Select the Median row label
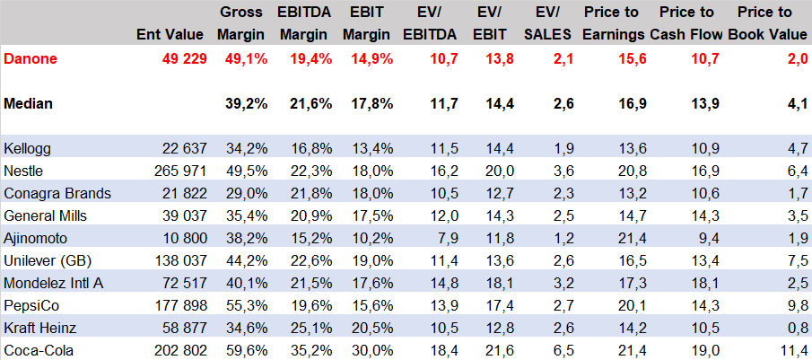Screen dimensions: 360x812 pyautogui.click(x=28, y=103)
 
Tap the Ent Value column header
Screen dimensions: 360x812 pyautogui.click(x=172, y=35)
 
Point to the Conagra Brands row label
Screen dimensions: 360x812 pyautogui.click(x=57, y=193)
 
